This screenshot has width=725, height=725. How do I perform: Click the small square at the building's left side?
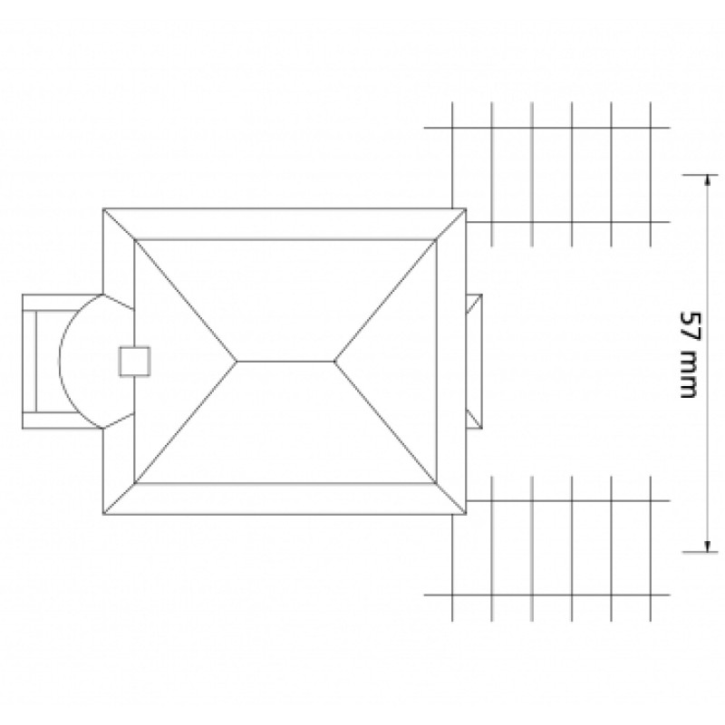click(135, 361)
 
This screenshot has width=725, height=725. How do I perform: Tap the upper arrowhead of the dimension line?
click(707, 180)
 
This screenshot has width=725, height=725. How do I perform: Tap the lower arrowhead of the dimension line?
click(707, 546)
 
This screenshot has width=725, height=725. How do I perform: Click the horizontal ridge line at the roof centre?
click(285, 361)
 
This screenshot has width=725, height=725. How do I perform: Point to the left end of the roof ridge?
click(237, 361)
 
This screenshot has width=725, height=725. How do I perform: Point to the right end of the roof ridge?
click(334, 361)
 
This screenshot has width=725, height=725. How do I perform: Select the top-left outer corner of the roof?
click(102, 208)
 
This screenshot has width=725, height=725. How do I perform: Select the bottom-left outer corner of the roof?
click(102, 514)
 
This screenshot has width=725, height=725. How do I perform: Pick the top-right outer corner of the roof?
click(466, 208)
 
